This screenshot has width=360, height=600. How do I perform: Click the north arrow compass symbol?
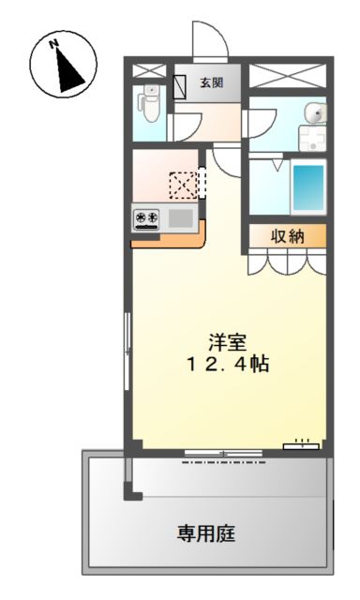pos(64,65)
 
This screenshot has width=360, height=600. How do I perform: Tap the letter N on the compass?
pos(53,44)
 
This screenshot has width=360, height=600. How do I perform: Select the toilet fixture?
pos(149,102)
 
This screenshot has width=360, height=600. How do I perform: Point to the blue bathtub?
pos(308,187)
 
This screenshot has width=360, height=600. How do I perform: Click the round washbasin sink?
pos(316,113)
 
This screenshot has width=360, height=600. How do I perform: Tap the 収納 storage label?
pos(288,236)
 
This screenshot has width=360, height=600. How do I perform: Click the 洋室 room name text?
pos(227,342)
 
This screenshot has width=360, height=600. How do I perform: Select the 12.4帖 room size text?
pos(228,364)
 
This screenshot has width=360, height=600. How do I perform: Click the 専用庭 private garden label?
pos(206,533)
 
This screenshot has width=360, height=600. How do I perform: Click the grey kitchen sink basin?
pos(181,218)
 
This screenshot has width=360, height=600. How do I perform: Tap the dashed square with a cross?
pos(183,186)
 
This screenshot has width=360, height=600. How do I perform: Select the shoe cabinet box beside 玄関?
pos(179,87)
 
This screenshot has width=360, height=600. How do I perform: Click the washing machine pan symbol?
pos(312,138)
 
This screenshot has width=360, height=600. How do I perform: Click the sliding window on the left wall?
pos(127,352)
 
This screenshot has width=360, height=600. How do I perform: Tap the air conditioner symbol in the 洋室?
pos(301,445)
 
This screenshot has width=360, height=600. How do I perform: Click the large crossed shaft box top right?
pos(288,76)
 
